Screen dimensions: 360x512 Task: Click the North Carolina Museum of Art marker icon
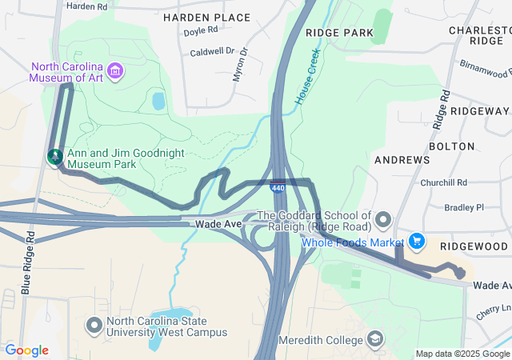point(115,71)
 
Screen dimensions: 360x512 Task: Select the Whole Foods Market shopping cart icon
point(416,241)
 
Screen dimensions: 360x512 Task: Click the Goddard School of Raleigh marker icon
point(383,219)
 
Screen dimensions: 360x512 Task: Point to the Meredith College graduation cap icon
point(374,340)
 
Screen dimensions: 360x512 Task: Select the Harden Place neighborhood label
point(206,17)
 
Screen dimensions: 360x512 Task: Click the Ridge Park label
point(339,33)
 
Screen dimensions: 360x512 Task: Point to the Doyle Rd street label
point(201,33)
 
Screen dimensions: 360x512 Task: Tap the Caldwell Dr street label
point(212,52)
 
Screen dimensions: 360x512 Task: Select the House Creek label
point(306,78)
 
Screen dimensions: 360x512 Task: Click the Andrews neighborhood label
point(402,160)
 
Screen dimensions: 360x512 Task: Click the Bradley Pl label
point(464,206)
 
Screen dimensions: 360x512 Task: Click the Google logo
point(26,350)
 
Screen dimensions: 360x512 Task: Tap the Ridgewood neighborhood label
point(478,246)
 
